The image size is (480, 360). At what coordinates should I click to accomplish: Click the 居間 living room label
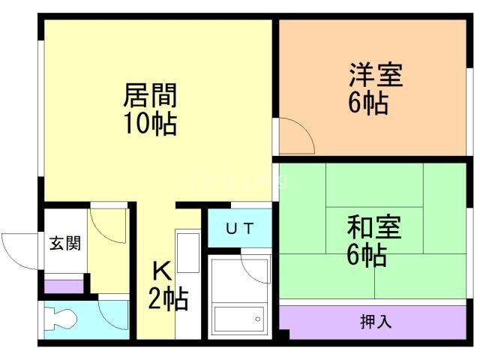150,97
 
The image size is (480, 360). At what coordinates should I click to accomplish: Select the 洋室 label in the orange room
375,76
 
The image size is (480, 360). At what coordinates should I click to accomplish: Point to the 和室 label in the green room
373,226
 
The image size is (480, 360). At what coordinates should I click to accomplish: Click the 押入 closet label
376,322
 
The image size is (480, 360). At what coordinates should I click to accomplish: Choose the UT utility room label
239,228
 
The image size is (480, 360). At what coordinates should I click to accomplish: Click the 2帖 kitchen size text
167,301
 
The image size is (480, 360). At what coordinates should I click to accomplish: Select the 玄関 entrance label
65,243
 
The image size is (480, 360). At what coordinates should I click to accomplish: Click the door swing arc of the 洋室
296,134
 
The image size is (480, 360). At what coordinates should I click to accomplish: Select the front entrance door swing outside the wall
21,247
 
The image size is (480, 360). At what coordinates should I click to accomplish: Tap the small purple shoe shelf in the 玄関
64,286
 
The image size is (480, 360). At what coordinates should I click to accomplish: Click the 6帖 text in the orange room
367,103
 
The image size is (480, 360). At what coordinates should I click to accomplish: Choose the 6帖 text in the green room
367,255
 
